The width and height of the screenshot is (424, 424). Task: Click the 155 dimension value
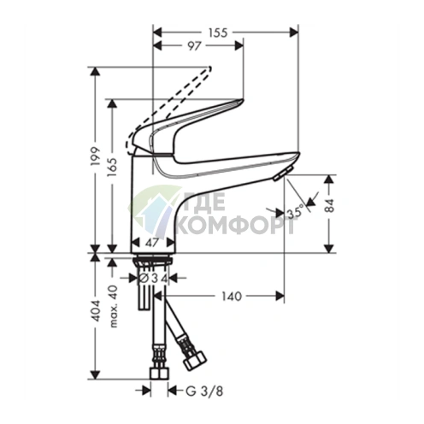(218, 32)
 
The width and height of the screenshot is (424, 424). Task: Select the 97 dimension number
(194, 46)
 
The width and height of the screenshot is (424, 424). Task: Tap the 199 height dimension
(97, 156)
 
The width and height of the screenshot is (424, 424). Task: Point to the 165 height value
(113, 168)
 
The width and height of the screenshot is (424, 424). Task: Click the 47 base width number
(152, 243)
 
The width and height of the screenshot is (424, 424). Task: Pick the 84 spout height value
(329, 205)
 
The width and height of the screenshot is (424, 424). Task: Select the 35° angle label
(295, 213)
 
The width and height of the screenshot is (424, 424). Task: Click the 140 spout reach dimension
(232, 297)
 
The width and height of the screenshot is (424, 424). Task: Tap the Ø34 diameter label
(153, 279)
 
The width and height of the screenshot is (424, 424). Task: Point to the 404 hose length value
(97, 310)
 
